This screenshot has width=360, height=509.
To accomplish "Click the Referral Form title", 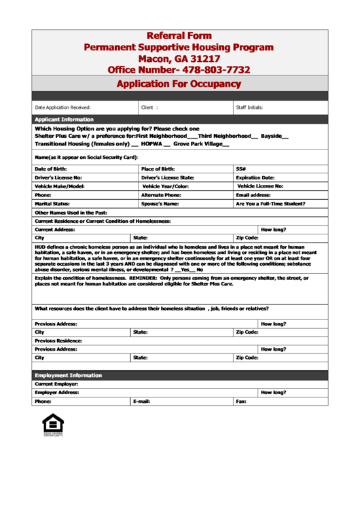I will [179, 35].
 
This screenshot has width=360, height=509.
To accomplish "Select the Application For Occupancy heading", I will [179, 84].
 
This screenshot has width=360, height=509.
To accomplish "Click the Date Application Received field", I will [62, 107].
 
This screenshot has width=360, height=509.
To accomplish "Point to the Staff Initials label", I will [249, 107].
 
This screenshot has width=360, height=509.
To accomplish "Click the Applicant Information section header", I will [65, 120].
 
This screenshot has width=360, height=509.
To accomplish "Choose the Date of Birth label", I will [51, 169].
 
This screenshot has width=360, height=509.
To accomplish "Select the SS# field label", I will [241, 169].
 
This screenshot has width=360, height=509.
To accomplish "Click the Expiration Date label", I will [255, 177].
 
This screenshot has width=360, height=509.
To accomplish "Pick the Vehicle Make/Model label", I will [60, 186].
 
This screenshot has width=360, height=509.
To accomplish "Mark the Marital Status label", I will [52, 204].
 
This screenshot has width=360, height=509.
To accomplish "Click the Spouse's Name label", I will [160, 204].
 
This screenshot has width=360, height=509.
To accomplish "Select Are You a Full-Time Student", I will [270, 204].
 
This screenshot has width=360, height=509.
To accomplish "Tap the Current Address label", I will [56, 230].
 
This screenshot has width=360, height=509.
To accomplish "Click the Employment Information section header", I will [69, 375].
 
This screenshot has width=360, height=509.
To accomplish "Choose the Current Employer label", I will [56, 384].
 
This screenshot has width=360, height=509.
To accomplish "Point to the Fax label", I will [241, 402].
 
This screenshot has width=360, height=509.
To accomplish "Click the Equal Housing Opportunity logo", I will [53, 424].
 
